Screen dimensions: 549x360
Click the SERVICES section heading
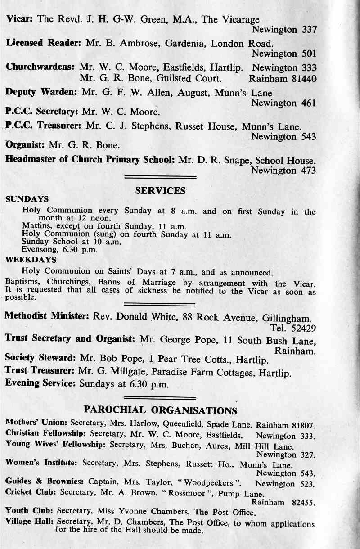point(160,191)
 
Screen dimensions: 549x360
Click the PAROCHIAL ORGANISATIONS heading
point(160,410)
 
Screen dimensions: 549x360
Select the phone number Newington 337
point(284,30)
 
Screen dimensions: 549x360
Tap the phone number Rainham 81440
point(283,79)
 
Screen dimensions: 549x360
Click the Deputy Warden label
point(42,92)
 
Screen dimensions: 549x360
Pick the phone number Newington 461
point(283,103)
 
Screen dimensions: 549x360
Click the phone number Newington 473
point(283,171)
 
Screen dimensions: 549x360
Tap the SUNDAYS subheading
point(27,198)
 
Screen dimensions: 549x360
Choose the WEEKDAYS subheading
point(31,260)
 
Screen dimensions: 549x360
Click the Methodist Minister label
point(47,315)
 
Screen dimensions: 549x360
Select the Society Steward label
point(40,359)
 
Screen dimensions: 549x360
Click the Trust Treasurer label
point(40,372)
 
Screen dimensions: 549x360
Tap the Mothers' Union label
point(36,423)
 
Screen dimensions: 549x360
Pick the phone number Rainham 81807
point(287,425)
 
